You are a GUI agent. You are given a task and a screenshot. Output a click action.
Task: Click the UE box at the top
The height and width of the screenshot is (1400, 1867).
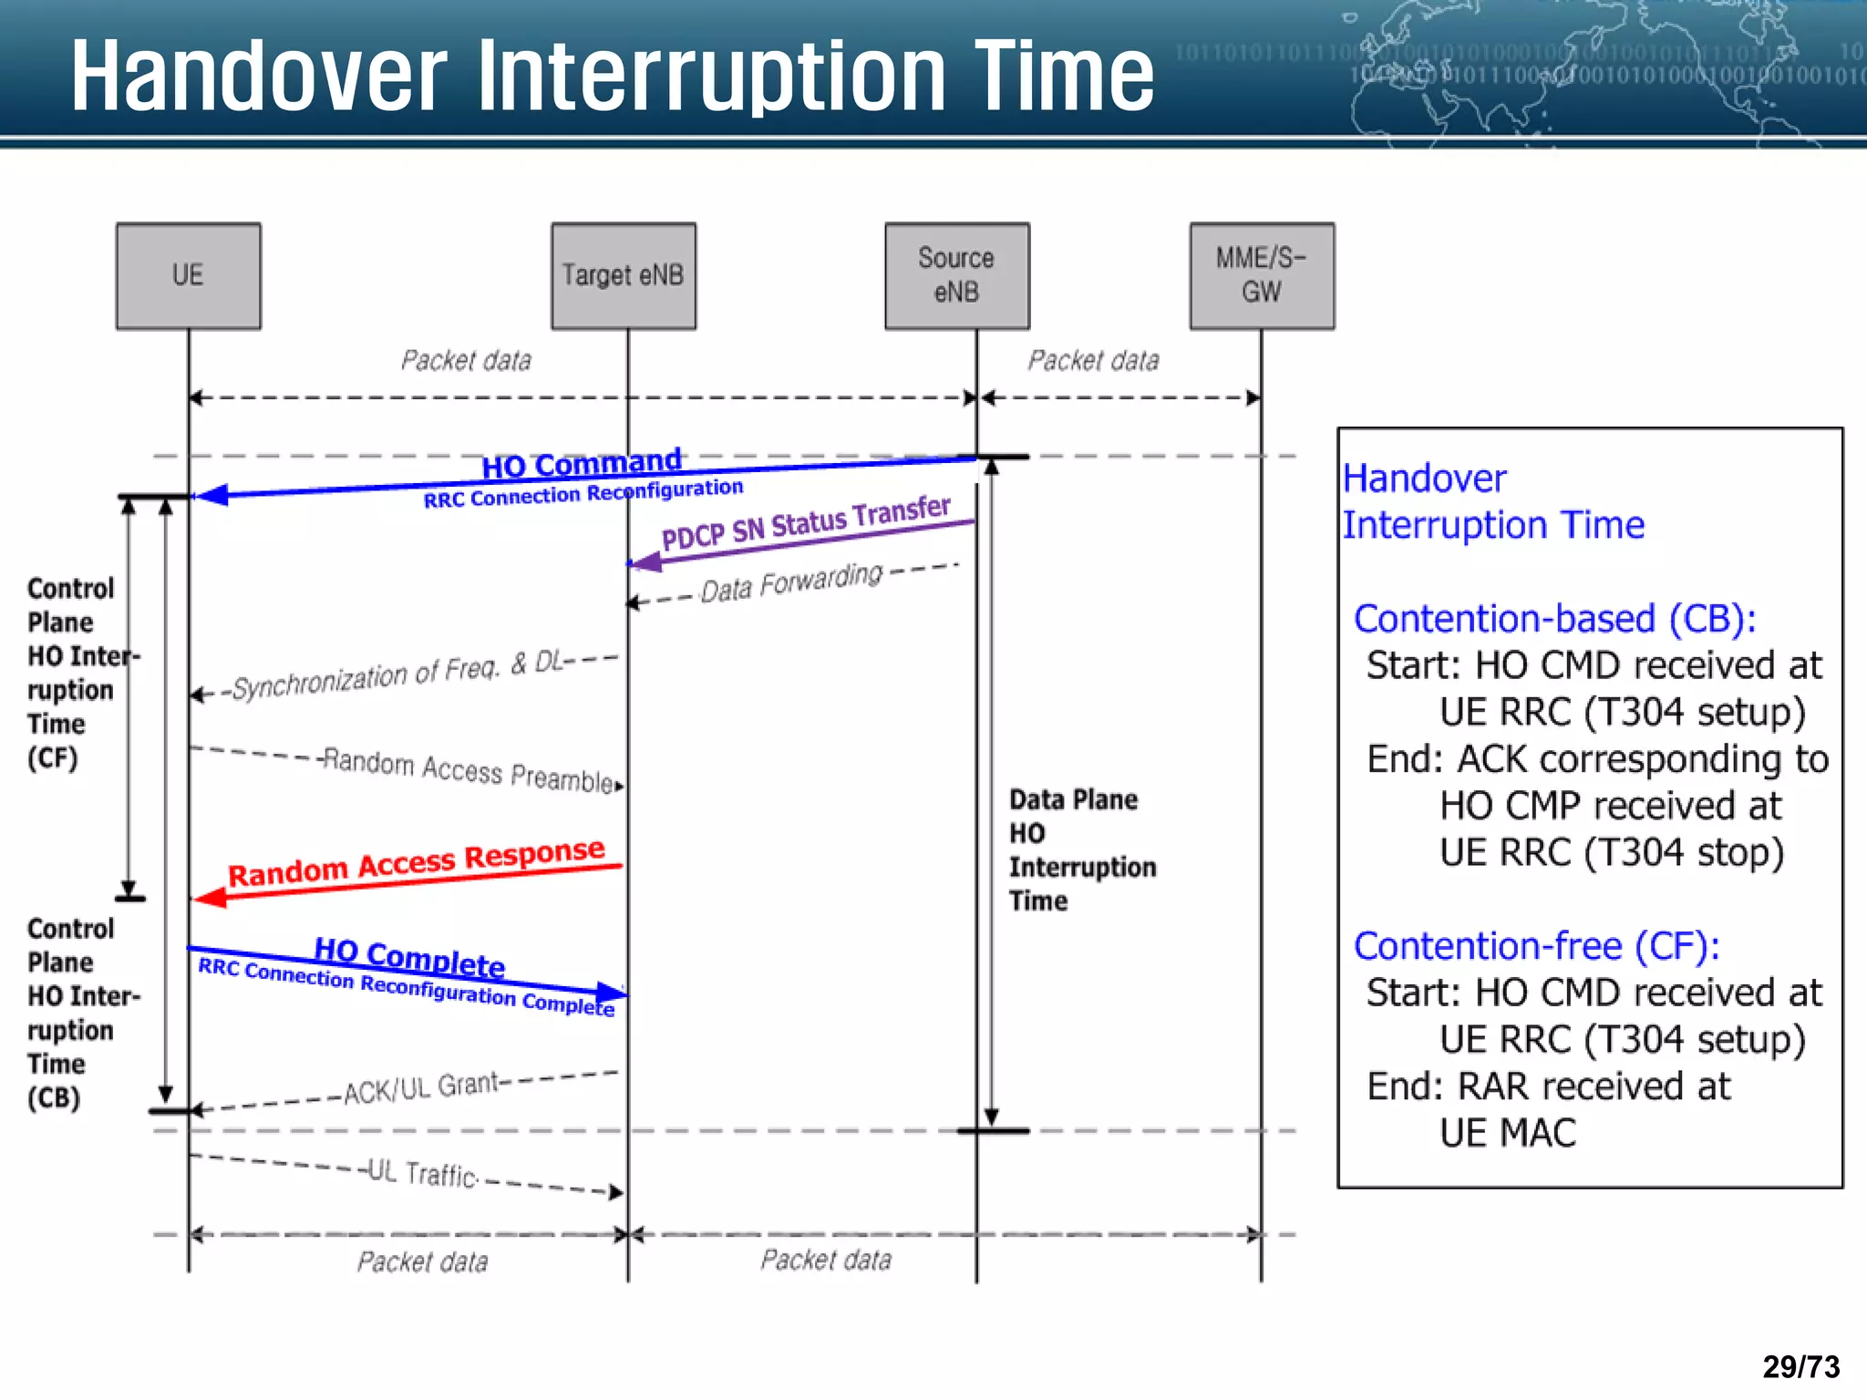pyautogui.click(x=188, y=275)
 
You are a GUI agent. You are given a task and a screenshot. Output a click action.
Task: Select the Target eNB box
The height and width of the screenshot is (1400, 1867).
pyautogui.click(x=623, y=275)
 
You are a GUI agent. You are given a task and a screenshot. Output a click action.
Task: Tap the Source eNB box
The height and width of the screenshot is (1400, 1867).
pyautogui.click(x=956, y=275)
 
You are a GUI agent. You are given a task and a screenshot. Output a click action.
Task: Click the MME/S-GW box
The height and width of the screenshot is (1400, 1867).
pyautogui.click(x=1261, y=275)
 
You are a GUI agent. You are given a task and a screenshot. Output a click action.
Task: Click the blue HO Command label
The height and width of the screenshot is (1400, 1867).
pyautogui.click(x=581, y=464)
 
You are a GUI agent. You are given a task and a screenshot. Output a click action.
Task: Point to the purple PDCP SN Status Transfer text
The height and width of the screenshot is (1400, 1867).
pyautogui.click(x=806, y=524)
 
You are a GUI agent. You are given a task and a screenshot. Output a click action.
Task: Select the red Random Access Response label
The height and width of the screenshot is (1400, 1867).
pyautogui.click(x=416, y=862)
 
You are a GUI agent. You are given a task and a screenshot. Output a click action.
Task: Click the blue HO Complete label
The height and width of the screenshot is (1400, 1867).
pyautogui.click(x=409, y=957)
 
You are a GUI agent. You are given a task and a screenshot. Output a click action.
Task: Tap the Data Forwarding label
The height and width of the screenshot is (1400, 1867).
pyautogui.click(x=791, y=583)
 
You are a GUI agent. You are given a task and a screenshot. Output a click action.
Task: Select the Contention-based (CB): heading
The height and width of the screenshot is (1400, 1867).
pyautogui.click(x=1554, y=619)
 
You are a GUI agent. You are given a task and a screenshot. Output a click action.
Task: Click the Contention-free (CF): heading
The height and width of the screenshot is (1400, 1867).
pyautogui.click(x=1536, y=946)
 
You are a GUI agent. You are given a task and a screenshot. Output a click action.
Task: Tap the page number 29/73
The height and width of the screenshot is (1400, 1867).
pyautogui.click(x=1800, y=1366)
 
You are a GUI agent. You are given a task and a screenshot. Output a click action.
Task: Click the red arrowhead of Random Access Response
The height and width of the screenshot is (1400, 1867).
pyautogui.click(x=211, y=898)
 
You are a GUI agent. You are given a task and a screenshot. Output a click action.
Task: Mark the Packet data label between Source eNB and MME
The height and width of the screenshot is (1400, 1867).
pyautogui.click(x=1093, y=361)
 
